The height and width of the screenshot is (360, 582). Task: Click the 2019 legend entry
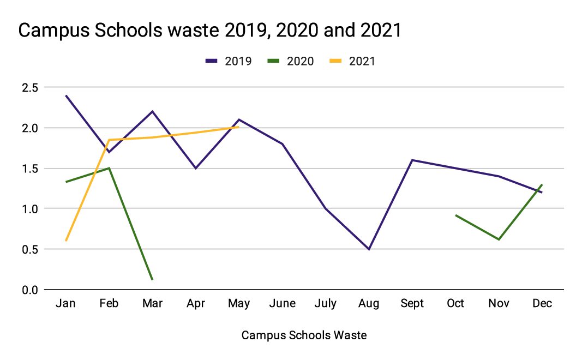point(229,61)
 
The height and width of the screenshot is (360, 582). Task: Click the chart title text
point(210,31)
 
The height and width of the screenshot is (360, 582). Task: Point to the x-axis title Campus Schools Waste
point(304,335)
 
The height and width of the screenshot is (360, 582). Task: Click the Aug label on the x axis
point(369,304)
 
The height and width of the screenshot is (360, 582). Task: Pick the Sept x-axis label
point(412,304)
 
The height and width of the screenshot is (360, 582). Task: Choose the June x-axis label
point(283,304)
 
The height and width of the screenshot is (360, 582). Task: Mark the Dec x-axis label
point(542,304)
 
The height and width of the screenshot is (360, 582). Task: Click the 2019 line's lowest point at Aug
point(369,249)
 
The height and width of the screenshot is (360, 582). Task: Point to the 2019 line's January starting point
point(66,95)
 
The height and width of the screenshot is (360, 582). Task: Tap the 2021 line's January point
point(66,241)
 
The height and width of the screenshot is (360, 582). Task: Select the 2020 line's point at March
point(152,279)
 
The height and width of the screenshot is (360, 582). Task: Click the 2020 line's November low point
point(499,239)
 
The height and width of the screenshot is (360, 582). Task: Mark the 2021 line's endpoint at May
point(239,127)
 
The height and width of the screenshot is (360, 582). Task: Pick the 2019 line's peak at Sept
point(412,160)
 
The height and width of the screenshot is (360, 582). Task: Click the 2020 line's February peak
point(109,168)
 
